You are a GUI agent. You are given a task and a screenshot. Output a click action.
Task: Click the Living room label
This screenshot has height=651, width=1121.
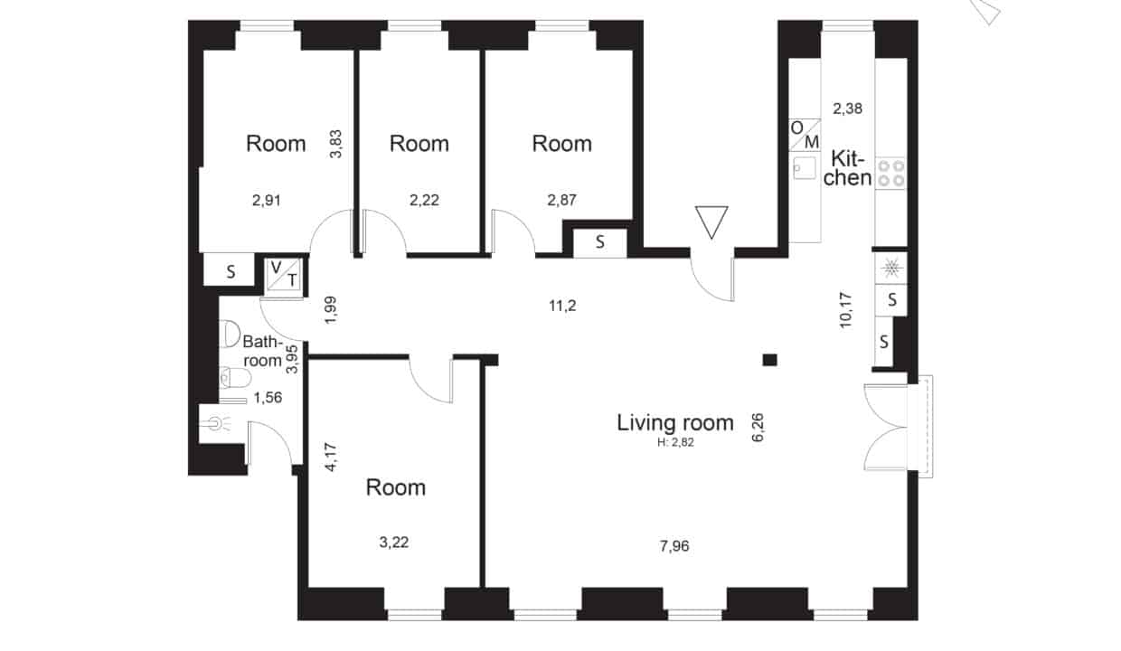tap(675, 423)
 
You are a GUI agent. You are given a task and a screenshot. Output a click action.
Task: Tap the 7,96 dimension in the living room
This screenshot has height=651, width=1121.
tap(674, 546)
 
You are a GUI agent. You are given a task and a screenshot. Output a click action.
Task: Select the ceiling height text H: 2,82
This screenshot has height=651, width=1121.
tap(675, 442)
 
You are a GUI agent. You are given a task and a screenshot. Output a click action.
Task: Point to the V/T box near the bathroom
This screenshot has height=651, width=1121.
tap(284, 274)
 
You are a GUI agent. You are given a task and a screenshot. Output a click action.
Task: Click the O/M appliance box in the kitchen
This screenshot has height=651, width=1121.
tap(805, 135)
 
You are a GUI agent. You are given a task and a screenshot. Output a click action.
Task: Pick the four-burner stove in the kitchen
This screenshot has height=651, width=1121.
tap(891, 173)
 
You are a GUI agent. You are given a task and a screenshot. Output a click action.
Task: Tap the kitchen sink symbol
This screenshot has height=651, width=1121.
tap(805, 168)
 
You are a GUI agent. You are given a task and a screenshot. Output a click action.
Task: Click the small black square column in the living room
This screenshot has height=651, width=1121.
tap(769, 360)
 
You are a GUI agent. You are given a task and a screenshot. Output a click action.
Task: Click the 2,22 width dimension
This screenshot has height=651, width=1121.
tap(424, 200)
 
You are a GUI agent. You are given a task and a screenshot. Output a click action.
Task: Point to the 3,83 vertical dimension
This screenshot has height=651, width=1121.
tap(335, 144)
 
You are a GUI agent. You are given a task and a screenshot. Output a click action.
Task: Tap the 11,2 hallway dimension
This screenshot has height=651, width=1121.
tap(562, 306)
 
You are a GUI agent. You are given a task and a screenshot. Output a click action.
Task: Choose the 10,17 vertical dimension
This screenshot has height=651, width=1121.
tap(845, 310)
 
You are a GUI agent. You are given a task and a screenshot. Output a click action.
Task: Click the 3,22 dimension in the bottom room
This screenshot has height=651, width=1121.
tap(394, 542)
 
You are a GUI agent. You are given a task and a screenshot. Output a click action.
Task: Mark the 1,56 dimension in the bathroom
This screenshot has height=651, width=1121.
tap(268, 398)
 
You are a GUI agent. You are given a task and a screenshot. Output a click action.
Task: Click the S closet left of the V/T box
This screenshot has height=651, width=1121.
tap(230, 270)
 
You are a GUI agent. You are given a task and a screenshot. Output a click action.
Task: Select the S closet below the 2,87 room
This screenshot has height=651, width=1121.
tap(599, 242)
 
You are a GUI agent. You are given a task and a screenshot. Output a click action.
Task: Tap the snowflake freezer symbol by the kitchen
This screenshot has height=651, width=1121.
tap(891, 269)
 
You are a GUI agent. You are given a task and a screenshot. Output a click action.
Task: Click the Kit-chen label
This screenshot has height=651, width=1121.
tap(847, 169)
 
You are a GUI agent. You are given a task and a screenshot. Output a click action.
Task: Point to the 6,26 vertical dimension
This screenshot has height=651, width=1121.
tap(758, 428)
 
